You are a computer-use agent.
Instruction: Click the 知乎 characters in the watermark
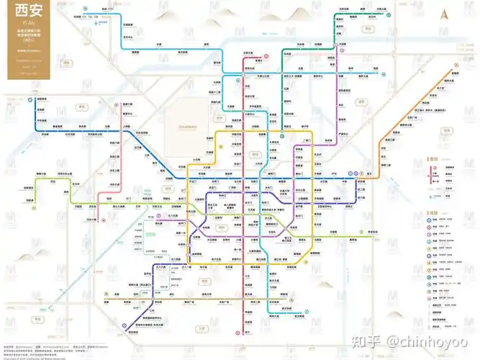375,339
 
